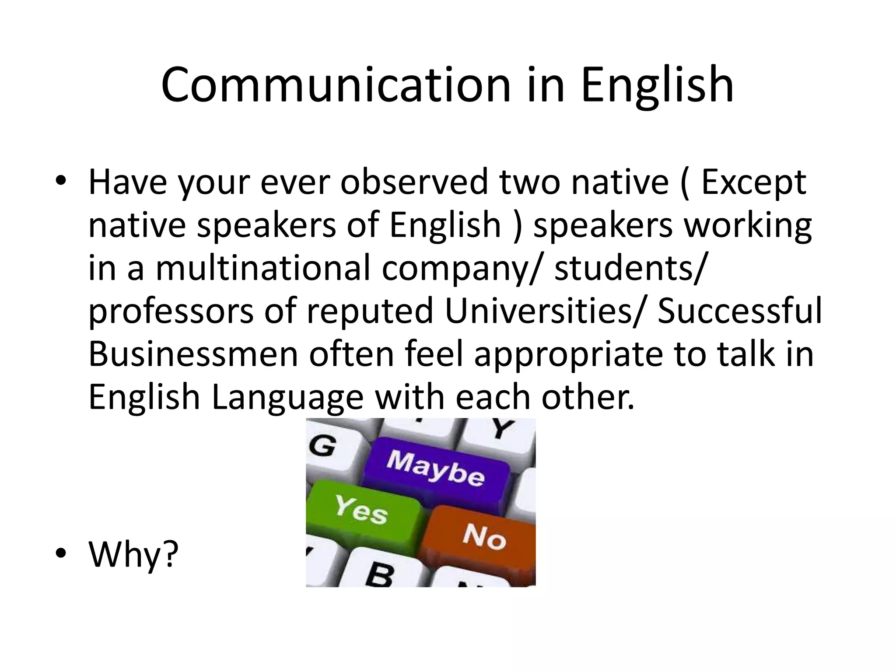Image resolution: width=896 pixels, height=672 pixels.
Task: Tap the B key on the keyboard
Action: click(379, 573)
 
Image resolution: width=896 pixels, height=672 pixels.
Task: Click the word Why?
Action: click(133, 554)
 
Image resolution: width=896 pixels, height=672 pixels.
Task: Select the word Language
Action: click(287, 397)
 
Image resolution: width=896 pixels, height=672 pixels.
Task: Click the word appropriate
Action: click(568, 354)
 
